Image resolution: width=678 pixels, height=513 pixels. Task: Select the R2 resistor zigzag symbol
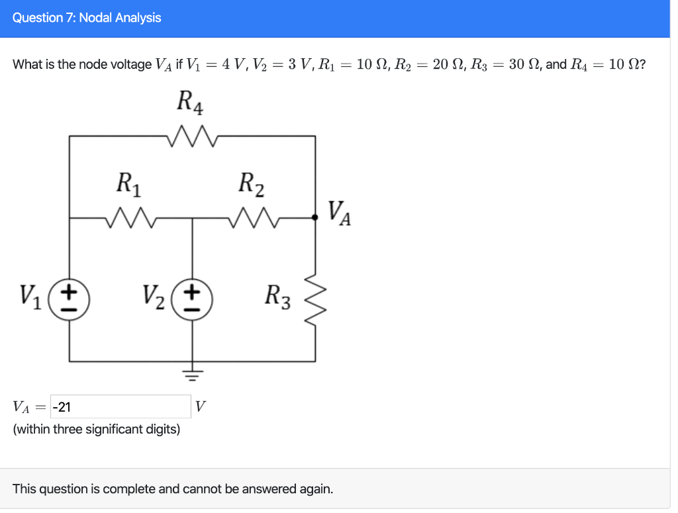coord(254,216)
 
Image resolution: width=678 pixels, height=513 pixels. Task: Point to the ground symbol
coord(193,376)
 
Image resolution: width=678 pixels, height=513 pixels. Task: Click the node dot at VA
coord(315,216)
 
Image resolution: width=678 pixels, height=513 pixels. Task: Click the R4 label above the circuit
coord(191,103)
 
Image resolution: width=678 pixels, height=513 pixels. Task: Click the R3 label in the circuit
coord(277,296)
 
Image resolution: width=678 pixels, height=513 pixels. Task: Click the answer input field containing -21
coord(121,406)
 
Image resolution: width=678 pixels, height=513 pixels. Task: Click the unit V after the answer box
coord(201,406)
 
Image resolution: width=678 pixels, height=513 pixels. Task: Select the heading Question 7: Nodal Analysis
coord(87,18)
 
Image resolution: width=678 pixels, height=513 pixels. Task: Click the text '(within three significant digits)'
coord(97,430)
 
